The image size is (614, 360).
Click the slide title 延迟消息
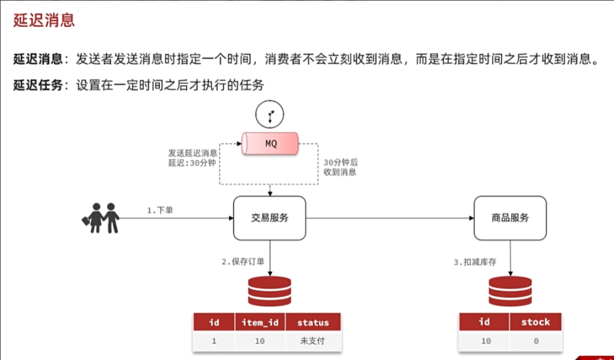44,20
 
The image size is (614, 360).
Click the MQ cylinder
270,144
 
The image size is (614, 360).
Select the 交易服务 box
270,218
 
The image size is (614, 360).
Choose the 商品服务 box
510,218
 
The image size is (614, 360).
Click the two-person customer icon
101,218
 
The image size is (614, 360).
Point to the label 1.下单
160,211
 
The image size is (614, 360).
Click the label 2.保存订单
243,262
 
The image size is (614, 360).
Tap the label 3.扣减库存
475,262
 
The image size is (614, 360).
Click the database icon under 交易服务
270,292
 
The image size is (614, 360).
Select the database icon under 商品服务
510,292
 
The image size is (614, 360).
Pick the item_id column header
260,323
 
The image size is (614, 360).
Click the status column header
313,323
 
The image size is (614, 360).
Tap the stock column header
535,322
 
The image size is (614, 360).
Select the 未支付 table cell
313,341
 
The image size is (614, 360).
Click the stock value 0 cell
535,341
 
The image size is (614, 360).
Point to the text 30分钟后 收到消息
340,167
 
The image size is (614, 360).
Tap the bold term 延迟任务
38,85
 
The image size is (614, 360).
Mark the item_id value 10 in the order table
260,341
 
